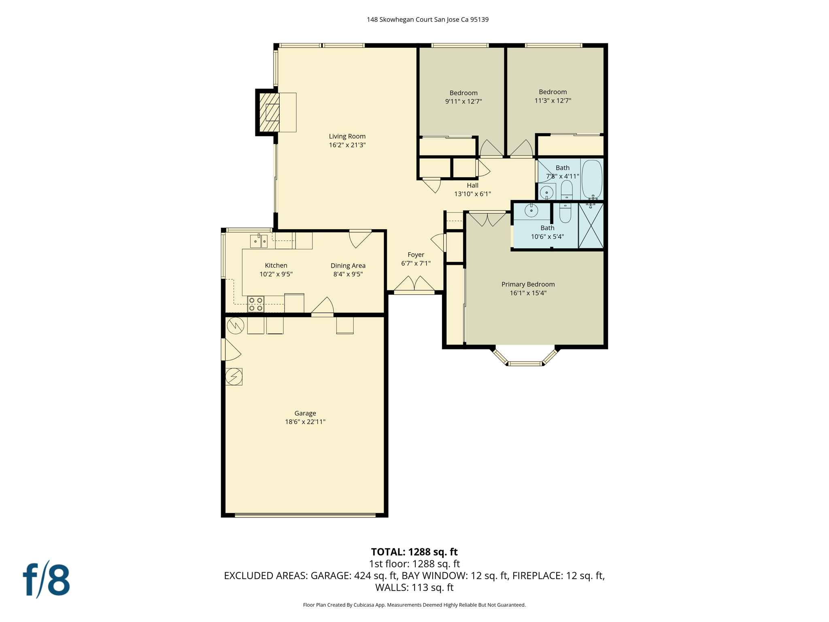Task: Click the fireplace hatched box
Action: tap(269, 112)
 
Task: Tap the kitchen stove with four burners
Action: tap(255, 304)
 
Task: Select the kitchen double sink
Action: tap(259, 241)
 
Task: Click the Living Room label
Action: tap(347, 136)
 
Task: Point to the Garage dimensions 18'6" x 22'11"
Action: tap(305, 422)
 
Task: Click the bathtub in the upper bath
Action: tap(591, 179)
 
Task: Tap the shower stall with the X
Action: tap(591, 226)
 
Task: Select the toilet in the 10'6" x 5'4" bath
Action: tap(565, 213)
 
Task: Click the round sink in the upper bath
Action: tap(546, 192)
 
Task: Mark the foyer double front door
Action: tap(414, 285)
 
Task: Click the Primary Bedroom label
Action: tap(528, 284)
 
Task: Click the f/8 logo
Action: tap(47, 579)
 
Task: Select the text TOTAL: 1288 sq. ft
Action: tap(414, 552)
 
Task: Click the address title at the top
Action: tap(427, 19)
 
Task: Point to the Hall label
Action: tap(472, 185)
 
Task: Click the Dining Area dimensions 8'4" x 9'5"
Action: tap(348, 274)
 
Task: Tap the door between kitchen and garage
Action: tap(323, 308)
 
